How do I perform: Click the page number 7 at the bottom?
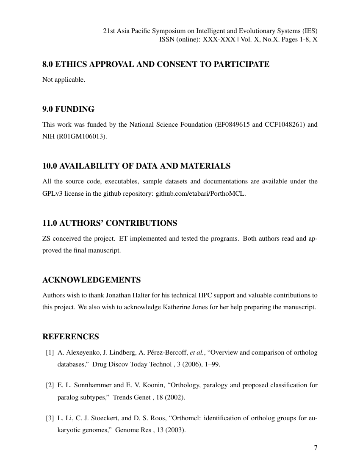click(316, 448)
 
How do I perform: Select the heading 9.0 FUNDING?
click(68, 109)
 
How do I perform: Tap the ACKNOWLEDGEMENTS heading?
click(91, 280)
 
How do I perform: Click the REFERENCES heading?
click(71, 337)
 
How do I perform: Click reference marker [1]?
click(50, 352)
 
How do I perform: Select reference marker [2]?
click(50, 385)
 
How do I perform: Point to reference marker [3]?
click(50, 418)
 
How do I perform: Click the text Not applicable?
click(64, 80)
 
